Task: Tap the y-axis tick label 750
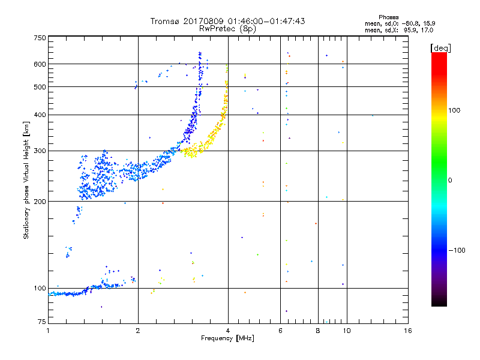pos(40,37)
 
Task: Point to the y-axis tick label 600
pos(40,64)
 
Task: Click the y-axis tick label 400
pos(40,115)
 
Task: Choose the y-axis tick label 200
pos(40,202)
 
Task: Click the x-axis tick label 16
pos(407,331)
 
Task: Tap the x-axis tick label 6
pos(281,331)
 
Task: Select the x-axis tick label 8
pos(318,331)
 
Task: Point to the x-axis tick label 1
pos(48,331)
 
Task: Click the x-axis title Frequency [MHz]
pos(228,338)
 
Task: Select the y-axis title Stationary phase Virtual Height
pos(26,180)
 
